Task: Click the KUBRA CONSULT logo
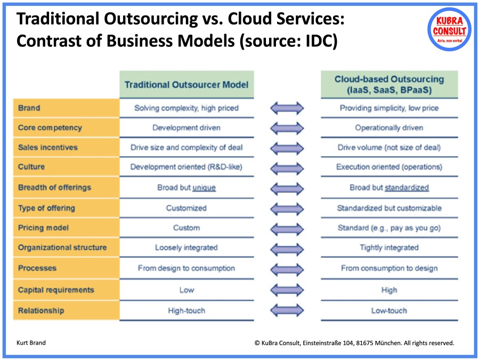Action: [449, 29]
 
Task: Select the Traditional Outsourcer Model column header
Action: [186, 85]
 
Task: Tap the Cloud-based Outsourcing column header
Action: [389, 85]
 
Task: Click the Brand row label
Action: [29, 108]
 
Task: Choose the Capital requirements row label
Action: [56, 290]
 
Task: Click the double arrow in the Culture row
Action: [287, 167]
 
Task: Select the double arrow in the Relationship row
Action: [287, 310]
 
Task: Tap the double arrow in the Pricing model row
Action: [287, 228]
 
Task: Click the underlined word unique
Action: [204, 187]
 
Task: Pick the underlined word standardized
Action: [407, 187]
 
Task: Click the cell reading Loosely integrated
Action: [186, 248]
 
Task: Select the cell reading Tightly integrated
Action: [389, 248]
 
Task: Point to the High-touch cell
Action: [186, 310]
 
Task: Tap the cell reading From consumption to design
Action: [389, 268]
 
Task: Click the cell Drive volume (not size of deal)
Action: [389, 148]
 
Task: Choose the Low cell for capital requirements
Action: [186, 290]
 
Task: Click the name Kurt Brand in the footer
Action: [31, 343]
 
